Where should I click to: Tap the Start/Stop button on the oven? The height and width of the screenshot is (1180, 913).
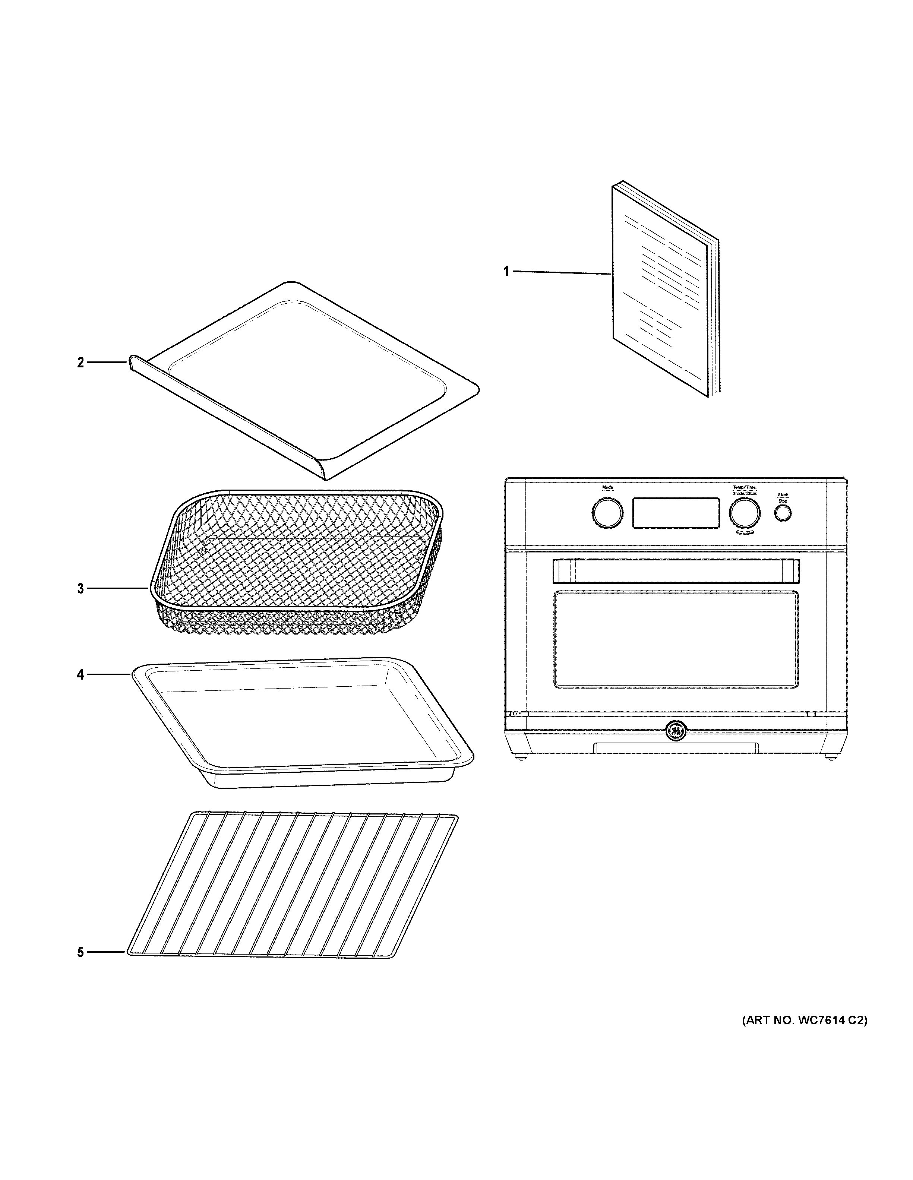click(x=783, y=514)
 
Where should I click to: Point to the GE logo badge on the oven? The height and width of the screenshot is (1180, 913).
click(x=675, y=731)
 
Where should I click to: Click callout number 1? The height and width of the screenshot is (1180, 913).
click(x=506, y=272)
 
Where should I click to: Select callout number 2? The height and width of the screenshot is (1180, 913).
click(x=80, y=363)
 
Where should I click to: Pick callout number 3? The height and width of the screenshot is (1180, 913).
click(x=80, y=588)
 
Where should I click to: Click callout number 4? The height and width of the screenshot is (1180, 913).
click(x=80, y=674)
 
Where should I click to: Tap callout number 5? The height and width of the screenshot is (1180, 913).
click(x=80, y=952)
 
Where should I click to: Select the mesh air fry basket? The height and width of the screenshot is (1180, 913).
click(x=297, y=562)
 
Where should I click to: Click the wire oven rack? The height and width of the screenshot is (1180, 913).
click(x=292, y=886)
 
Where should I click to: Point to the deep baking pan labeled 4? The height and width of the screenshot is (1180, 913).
click(x=303, y=724)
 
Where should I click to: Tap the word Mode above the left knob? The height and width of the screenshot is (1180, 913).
click(x=607, y=488)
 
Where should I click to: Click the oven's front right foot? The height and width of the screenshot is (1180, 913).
click(x=830, y=757)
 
